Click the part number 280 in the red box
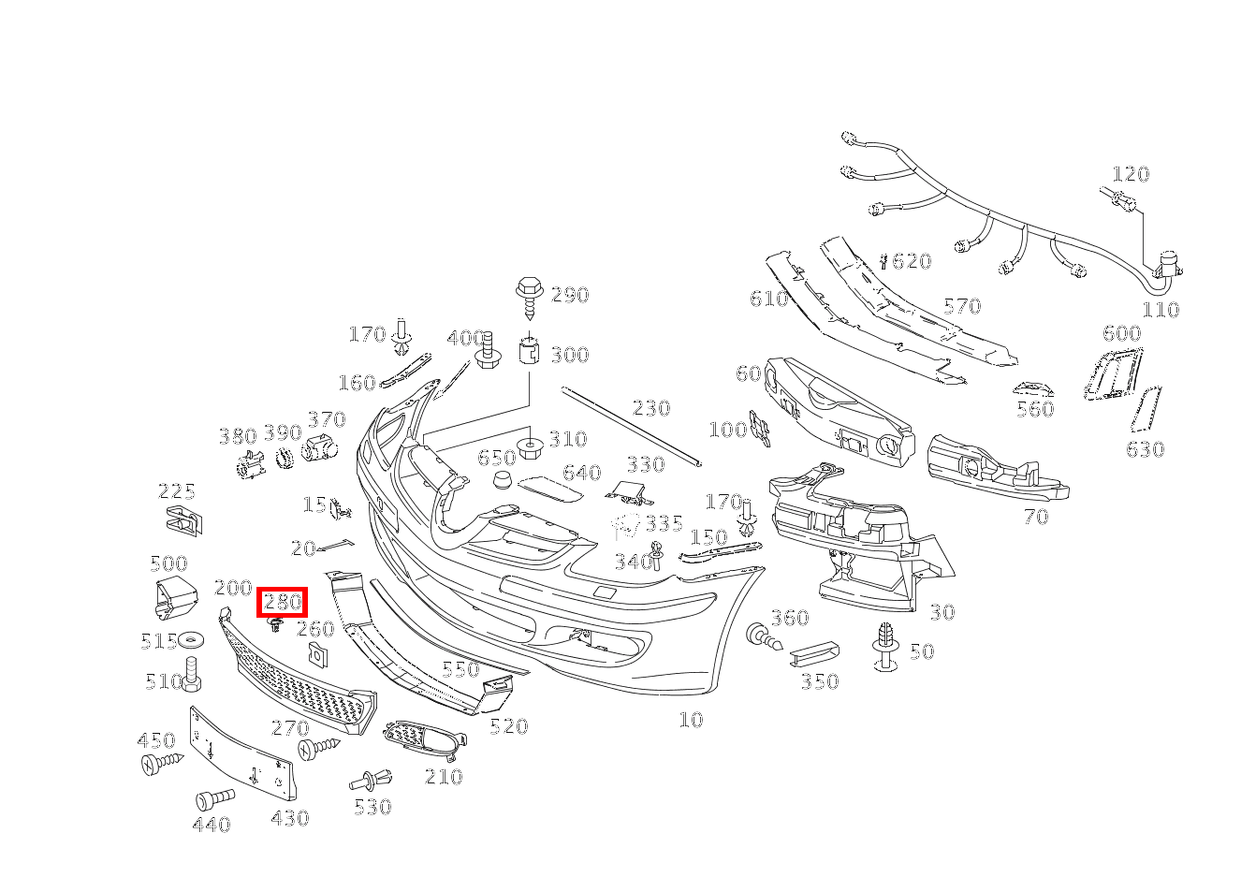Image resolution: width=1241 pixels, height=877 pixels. tap(283, 602)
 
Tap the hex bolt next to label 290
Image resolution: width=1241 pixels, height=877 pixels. tap(529, 298)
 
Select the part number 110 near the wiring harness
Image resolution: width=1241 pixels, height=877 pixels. tap(1161, 309)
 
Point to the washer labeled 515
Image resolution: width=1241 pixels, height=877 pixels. tap(191, 640)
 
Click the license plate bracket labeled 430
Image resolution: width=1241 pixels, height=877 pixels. tap(242, 754)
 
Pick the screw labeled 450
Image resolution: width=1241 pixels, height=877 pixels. tap(162, 763)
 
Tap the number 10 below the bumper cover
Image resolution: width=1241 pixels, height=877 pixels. tap(691, 720)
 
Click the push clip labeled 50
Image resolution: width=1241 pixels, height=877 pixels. tap(885, 647)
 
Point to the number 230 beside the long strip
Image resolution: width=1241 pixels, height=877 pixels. tap(651, 408)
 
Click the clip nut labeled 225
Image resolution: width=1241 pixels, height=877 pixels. tap(184, 520)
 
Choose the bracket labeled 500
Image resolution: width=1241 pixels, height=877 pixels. tap(175, 597)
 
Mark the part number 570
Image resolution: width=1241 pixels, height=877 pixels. tap(962, 306)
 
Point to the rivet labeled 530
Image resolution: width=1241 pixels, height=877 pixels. tap(371, 782)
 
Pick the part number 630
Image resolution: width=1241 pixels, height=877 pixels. tap(1146, 448)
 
